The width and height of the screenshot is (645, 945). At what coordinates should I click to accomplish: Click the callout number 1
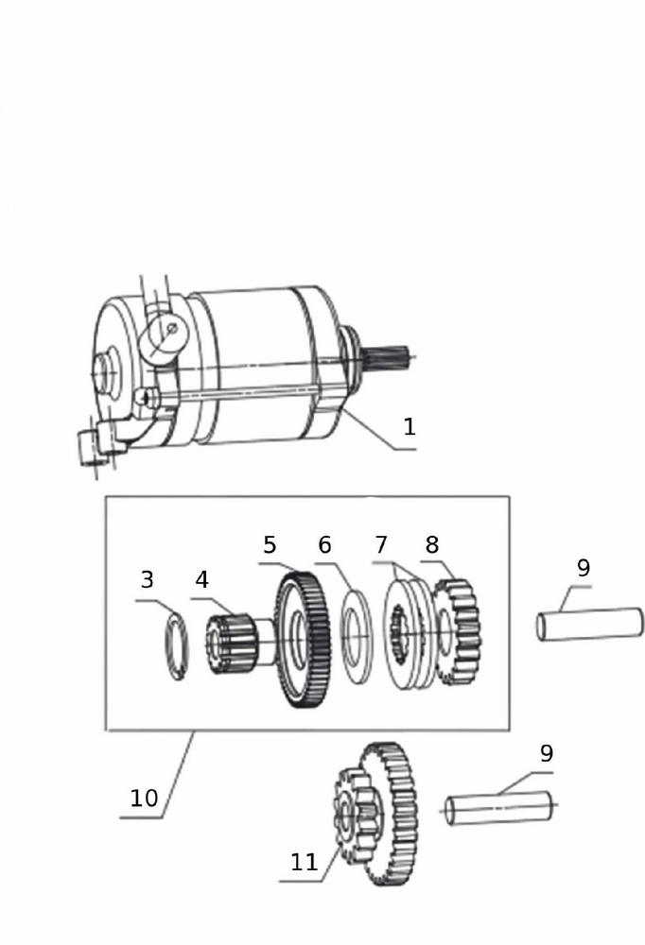[x=410, y=427]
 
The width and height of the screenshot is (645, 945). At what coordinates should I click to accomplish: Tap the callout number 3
[x=148, y=580]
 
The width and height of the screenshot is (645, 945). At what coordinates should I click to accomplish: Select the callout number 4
[x=201, y=580]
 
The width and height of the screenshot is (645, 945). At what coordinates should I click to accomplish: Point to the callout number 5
[x=270, y=545]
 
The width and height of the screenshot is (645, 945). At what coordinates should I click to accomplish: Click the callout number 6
[x=324, y=545]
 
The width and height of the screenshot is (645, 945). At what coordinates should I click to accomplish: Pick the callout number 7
[x=381, y=545]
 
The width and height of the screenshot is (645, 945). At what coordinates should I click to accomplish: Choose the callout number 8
[x=432, y=545]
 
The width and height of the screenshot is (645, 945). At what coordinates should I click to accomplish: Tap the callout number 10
[x=144, y=798]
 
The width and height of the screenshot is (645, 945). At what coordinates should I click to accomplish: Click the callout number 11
[x=305, y=863]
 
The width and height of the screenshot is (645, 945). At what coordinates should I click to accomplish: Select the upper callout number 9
[x=583, y=568]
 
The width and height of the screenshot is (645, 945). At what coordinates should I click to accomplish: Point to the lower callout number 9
[x=546, y=753]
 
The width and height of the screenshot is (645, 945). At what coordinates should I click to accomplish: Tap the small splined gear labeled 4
[x=231, y=643]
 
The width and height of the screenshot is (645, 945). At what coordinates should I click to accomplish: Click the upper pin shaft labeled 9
[x=590, y=624]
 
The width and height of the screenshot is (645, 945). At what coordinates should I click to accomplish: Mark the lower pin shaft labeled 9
[x=499, y=809]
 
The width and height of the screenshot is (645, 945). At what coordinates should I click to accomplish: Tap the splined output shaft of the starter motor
[x=389, y=360]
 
